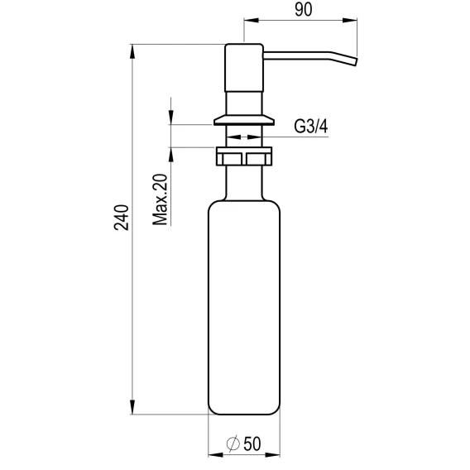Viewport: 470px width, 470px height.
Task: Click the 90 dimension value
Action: tap(304, 10)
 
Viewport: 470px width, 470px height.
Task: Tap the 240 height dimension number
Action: tap(122, 218)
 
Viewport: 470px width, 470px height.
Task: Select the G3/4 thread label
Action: tap(311, 127)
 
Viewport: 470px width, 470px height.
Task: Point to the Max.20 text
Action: tap(160, 199)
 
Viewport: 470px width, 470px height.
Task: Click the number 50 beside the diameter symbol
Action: tap(252, 444)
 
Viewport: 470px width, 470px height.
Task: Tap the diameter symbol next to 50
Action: tap(233, 444)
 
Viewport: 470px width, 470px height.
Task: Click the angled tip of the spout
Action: tap(356, 61)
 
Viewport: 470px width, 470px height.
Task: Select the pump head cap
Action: tap(244, 68)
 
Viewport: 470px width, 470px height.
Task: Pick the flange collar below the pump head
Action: tap(244, 120)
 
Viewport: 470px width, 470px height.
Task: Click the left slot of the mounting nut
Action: tap(232, 159)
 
